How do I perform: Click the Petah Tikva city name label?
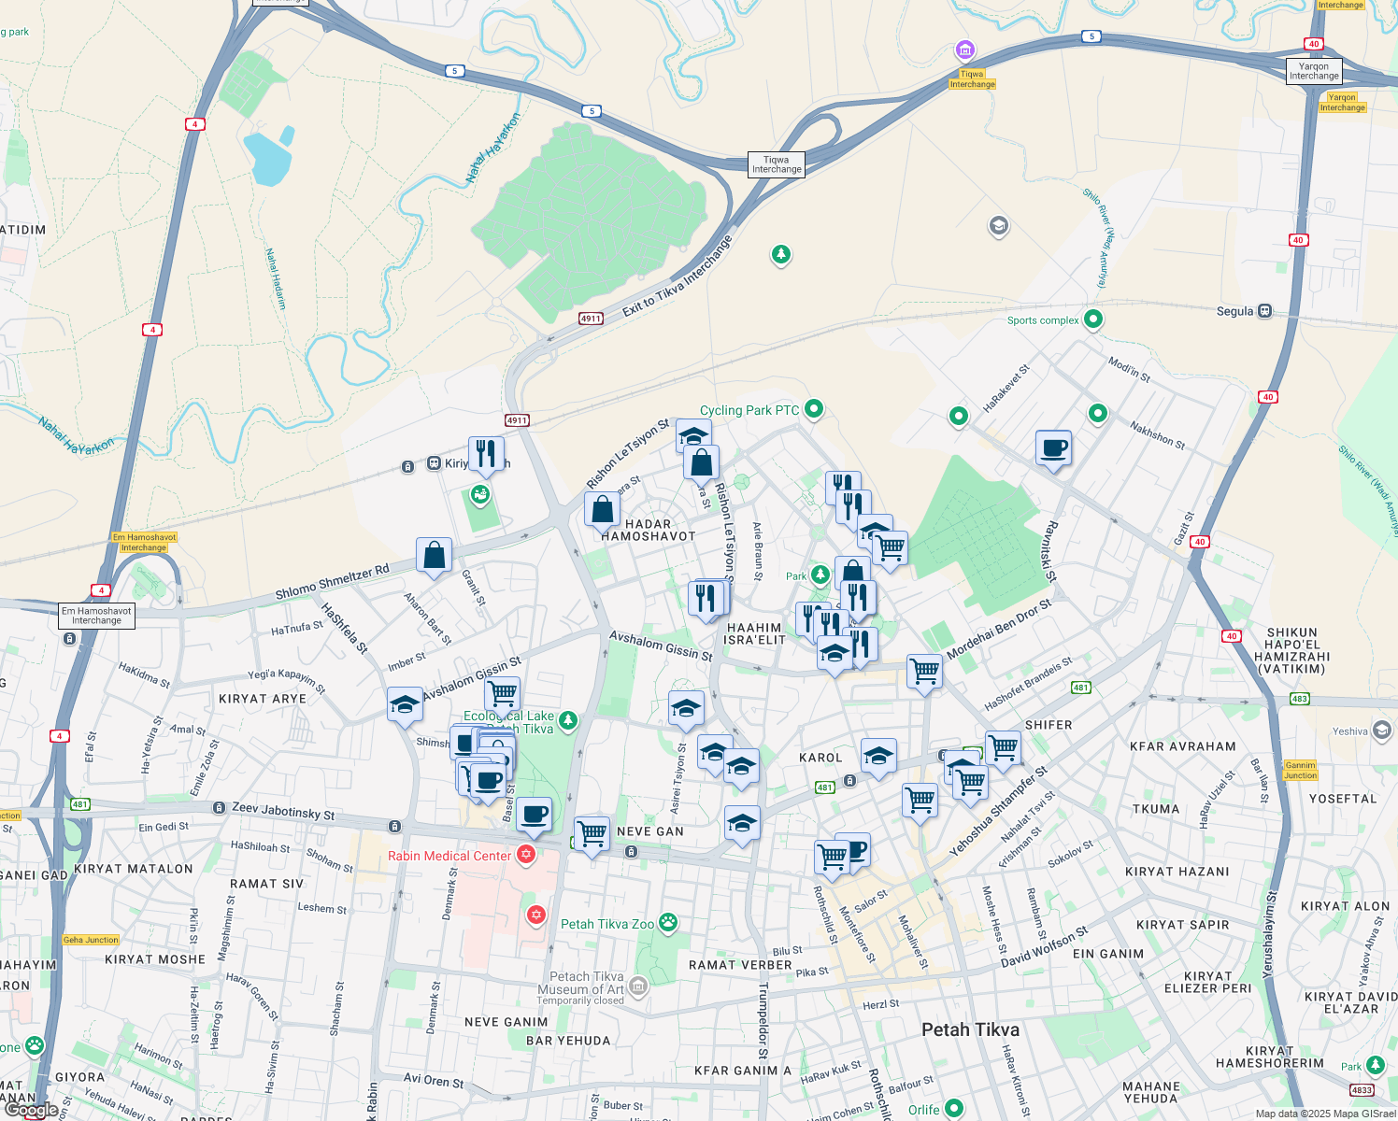970,1029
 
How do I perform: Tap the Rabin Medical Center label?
449,856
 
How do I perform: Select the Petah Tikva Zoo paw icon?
667,923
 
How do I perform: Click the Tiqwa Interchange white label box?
777,164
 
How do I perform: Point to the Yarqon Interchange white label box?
1314,71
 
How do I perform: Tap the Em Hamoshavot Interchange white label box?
96,616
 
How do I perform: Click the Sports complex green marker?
1092,319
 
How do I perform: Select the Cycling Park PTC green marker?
814,408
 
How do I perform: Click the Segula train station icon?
1264,311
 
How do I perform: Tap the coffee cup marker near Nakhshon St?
1053,449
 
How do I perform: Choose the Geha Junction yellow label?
91,940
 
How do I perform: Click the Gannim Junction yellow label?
1300,770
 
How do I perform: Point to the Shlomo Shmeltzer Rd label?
332,582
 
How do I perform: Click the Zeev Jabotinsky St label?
283,811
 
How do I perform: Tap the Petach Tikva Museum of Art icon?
637,986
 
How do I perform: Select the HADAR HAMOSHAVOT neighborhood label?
649,531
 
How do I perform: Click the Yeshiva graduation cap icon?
1382,731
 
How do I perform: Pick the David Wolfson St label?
1044,947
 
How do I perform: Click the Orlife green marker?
953,1109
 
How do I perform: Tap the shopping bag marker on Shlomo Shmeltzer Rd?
435,556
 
